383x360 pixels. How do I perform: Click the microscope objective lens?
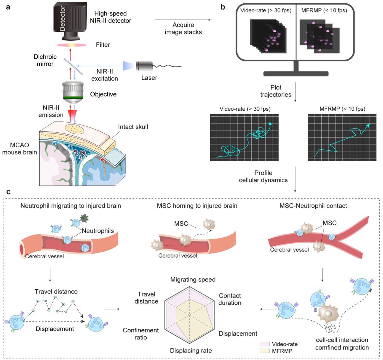74,92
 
